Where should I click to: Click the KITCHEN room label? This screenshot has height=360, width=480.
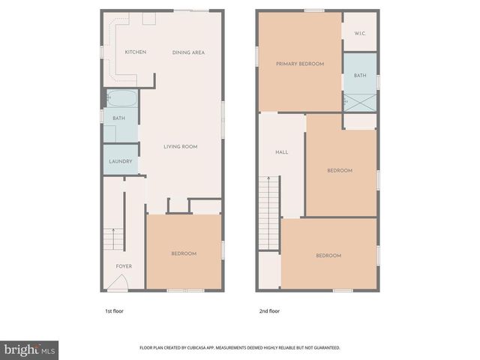point(135,52)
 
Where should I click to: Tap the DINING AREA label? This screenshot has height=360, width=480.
point(188,52)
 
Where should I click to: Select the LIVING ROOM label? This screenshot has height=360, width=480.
point(180,147)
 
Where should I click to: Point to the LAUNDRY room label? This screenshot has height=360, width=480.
point(120,162)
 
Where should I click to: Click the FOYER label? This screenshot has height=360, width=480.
point(124,266)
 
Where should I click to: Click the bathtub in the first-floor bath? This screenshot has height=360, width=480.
point(121,99)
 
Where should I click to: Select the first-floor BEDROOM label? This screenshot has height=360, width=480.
point(184,253)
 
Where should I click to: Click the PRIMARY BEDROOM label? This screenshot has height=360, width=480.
point(299,64)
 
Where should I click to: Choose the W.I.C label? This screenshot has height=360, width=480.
point(359,32)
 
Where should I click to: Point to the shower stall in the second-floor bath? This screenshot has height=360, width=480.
point(359,101)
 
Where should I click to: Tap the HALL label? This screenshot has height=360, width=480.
point(281,152)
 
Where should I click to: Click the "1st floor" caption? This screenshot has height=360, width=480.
point(113,309)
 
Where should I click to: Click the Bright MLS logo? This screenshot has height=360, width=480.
point(29,349)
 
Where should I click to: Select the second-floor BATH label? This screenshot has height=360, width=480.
point(360,75)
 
